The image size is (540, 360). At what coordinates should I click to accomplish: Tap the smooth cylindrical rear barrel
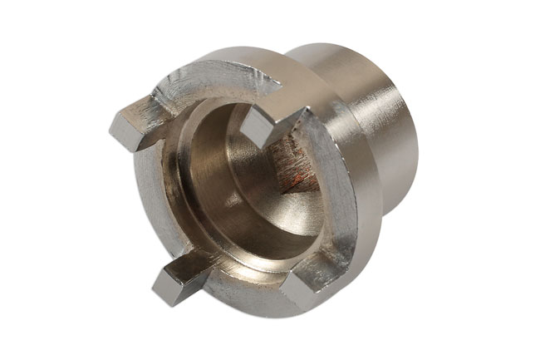click(390, 125)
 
